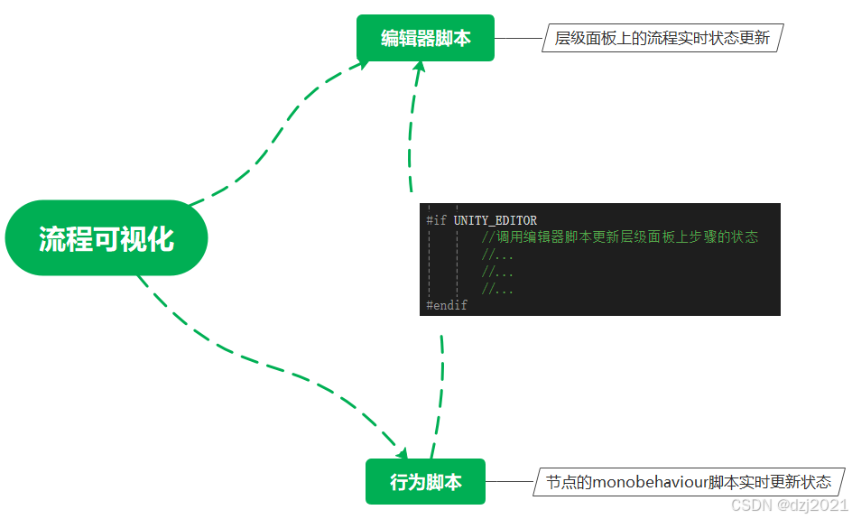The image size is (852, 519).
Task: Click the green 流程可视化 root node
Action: point(106,238)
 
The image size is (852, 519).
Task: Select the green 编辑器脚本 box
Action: point(425,39)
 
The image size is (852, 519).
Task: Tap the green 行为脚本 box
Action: point(425,482)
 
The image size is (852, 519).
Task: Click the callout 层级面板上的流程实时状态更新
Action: point(662,39)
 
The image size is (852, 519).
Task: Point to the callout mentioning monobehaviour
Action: point(689,482)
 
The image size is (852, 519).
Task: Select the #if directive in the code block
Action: point(437,220)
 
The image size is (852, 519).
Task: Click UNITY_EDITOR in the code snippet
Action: point(495,220)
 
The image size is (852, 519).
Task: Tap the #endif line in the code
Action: point(447,306)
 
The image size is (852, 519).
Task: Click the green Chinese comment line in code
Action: point(619,237)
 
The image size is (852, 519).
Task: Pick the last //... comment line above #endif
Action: point(497,289)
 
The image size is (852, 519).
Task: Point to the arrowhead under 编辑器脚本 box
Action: point(420,69)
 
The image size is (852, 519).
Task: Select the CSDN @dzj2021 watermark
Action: point(788,505)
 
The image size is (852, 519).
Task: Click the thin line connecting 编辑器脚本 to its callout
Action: point(518,39)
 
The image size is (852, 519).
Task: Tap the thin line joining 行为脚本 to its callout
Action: point(510,482)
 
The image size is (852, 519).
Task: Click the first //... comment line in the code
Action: point(497,255)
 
